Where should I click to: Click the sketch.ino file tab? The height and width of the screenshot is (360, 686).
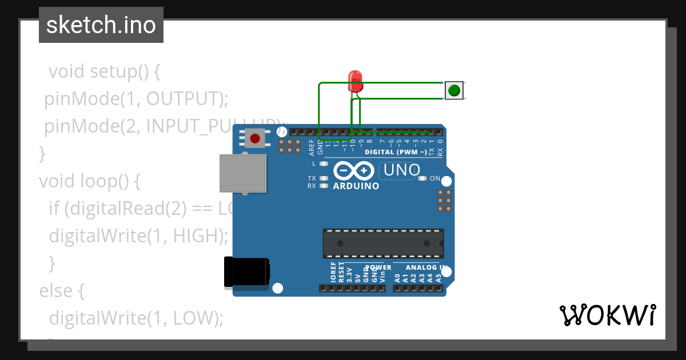point(101,25)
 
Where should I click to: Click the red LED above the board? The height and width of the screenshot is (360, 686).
point(356,81)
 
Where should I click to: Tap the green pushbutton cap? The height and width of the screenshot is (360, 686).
point(454,90)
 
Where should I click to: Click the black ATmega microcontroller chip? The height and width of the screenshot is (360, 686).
point(383,243)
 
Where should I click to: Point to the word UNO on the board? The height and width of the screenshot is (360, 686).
point(402,170)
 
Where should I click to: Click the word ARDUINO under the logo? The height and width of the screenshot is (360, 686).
point(356,186)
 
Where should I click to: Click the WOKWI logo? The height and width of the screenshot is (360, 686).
point(607,315)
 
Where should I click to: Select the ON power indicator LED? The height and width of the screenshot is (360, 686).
point(422,178)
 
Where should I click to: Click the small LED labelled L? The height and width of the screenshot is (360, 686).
point(324,163)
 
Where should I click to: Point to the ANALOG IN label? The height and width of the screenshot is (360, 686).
point(426,267)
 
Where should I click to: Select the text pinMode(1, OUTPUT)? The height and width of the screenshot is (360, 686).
point(137,99)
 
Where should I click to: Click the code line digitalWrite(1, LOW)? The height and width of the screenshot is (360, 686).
point(136,318)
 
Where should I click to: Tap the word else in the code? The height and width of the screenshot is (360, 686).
point(62,291)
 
